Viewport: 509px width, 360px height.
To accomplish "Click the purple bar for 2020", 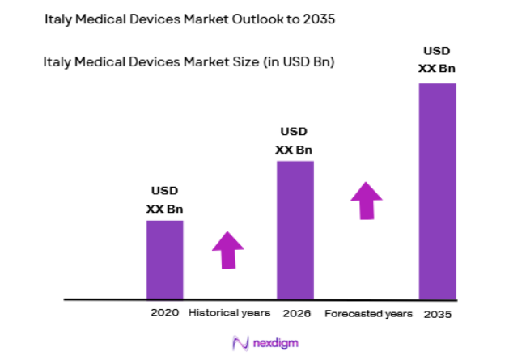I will coord(164,259).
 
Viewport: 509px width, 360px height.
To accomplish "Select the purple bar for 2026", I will coord(295,230).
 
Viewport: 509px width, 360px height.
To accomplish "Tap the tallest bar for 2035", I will coord(437,191).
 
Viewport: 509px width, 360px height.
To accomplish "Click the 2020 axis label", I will coord(163,313).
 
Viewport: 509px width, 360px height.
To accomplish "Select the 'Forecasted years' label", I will coord(368,313).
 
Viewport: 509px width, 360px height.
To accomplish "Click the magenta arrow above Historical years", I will coord(228,250).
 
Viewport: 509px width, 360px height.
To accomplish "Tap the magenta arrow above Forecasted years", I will coord(366,200).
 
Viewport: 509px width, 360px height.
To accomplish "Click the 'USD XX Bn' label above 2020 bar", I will coord(164,201).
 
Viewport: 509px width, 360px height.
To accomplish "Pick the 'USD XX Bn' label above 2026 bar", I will coord(294,141).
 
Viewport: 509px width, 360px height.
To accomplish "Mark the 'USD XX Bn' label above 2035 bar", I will coord(437,60).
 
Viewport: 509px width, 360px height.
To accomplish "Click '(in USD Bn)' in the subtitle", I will coord(295,61).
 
